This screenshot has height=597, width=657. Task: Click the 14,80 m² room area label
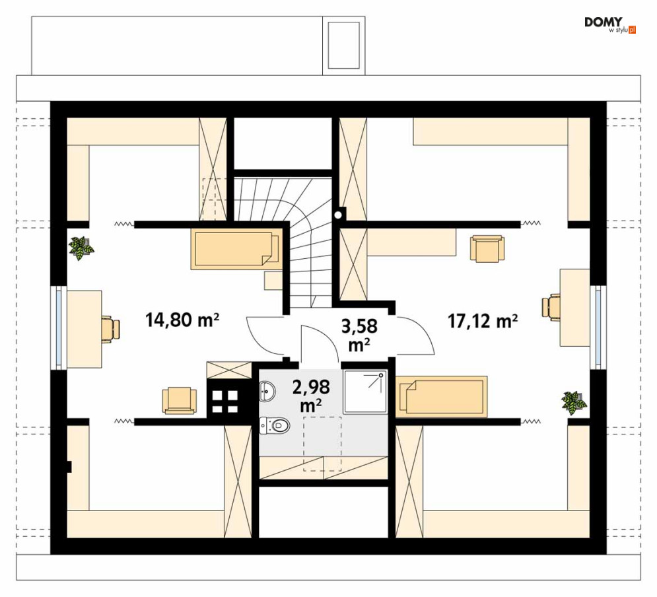(x=182, y=320)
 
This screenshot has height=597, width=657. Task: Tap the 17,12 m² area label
(x=482, y=322)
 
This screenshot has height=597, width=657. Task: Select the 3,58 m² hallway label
(x=359, y=335)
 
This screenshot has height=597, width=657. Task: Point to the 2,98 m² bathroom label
(x=311, y=395)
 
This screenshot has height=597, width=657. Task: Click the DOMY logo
(x=609, y=24)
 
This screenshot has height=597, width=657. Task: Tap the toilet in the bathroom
(x=275, y=426)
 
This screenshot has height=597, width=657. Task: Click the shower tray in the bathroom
(x=364, y=392)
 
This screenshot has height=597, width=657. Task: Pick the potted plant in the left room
(x=81, y=248)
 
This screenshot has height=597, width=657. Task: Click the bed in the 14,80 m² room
(x=235, y=249)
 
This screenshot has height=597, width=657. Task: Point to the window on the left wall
(x=58, y=328)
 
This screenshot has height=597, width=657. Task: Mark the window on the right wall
(x=598, y=327)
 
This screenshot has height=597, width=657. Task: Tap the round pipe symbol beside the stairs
(x=338, y=215)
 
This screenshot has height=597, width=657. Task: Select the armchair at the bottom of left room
(x=180, y=400)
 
